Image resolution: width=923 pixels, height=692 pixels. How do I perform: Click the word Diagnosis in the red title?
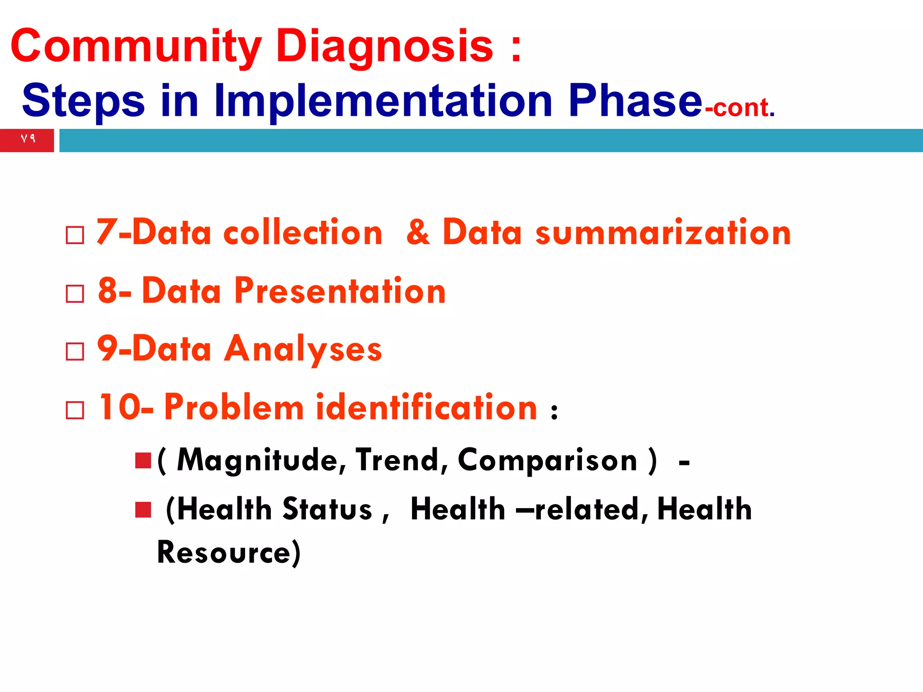pos(384,46)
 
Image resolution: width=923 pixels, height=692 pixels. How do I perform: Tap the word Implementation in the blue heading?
pos(383,101)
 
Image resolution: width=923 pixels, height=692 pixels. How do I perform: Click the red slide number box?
pos(27,140)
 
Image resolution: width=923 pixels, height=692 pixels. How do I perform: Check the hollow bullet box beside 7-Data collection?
pos(75,235)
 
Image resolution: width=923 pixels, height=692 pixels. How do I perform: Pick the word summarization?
pos(663,233)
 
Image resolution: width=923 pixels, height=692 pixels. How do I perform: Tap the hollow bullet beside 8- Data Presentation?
pos(75,294)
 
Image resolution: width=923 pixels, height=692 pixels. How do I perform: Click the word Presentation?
pos(340,291)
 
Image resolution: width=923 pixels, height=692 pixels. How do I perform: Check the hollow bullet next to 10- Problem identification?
pos(75,410)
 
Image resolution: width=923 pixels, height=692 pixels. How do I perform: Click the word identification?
pos(426,408)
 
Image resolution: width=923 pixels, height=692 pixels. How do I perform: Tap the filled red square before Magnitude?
pos(143,460)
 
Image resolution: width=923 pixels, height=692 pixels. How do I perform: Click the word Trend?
pos(397,460)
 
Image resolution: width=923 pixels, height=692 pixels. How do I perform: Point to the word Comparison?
pos(548,460)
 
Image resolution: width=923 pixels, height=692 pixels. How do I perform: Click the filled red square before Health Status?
pos(143,510)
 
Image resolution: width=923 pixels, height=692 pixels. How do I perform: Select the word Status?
pos(327,510)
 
